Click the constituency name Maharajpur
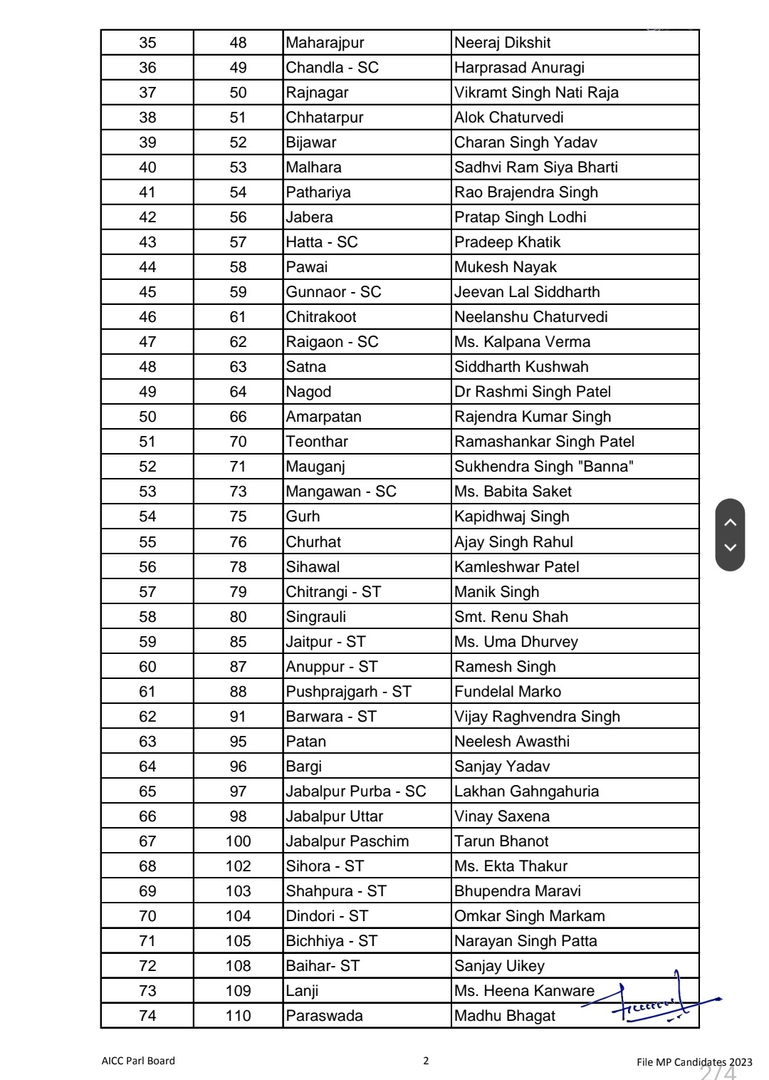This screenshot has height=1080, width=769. coord(325,43)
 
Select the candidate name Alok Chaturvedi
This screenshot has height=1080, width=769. coord(508,118)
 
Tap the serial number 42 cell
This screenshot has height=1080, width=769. coord(147,217)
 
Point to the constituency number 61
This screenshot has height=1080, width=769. coord(238,317)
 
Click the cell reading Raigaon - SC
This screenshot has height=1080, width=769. coord(332,342)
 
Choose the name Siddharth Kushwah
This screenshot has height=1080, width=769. coord(521,367)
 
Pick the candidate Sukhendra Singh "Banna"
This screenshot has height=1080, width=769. coord(544,467)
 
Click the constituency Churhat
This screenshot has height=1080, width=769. coord(313,542)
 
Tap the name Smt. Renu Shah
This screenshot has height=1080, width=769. coord(511,617)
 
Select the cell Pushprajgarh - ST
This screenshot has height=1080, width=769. coord(348,692)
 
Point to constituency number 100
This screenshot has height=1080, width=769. coord(238,841)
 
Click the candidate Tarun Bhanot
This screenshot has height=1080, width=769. coord(501,841)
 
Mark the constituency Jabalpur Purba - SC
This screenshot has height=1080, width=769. coord(355,791)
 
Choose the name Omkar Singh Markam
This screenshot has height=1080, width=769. coord(529,916)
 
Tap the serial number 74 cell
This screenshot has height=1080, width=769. coord(147,1016)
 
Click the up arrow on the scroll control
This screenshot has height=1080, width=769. coord(730,522)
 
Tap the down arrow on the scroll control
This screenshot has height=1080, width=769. coord(730,548)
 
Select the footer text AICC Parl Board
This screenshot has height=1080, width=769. coord(138,1061)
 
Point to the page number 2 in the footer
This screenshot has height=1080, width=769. coord(426,1061)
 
